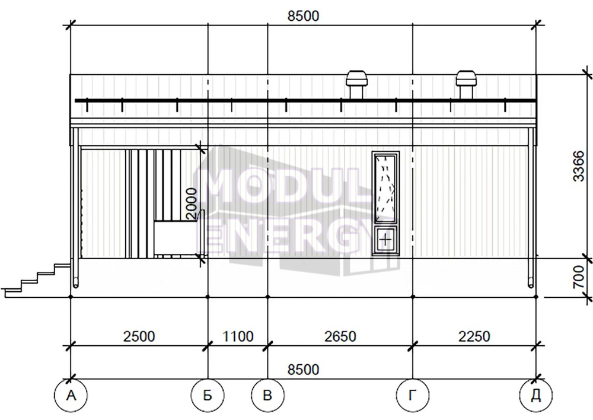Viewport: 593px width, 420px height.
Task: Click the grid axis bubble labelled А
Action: tap(71, 396)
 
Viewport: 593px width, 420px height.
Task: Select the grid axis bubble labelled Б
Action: tap(208, 396)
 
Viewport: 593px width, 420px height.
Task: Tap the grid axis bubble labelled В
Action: tap(268, 396)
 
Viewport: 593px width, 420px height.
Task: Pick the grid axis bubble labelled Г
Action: tap(413, 396)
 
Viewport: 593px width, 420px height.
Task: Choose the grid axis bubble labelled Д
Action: tap(536, 396)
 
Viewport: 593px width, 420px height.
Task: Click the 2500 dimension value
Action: tap(139, 336)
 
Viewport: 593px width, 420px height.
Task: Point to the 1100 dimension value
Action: tap(238, 336)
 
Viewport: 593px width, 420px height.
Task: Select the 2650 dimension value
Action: tap(340, 336)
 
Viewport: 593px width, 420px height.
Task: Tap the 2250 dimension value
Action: tap(474, 336)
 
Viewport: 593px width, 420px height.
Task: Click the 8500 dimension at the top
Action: tap(303, 16)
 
